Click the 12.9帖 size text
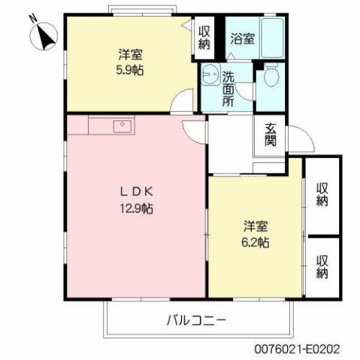point(136,209)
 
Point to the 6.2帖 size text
point(256,243)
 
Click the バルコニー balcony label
point(196,319)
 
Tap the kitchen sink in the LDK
point(121,126)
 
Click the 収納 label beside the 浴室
point(204,38)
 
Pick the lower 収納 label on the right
point(323,267)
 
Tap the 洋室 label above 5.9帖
point(131,54)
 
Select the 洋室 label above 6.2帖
point(256,226)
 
